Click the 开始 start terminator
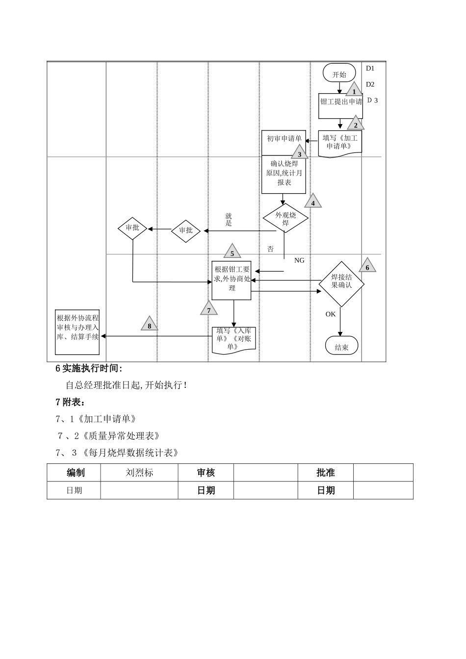[x=339, y=74]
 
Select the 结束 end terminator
[x=341, y=347]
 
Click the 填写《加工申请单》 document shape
[x=340, y=143]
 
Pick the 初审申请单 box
[x=284, y=138]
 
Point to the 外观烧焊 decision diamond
[x=285, y=219]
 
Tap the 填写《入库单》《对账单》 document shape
[x=234, y=339]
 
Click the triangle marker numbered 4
[x=312, y=202]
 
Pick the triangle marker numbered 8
[x=150, y=325]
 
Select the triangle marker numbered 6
[x=367, y=266]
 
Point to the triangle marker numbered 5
[x=232, y=252]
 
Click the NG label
[x=299, y=260]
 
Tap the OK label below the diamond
[x=331, y=314]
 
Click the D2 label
[x=370, y=84]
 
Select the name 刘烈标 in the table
[x=139, y=473]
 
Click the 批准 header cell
[x=325, y=473]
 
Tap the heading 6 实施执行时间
[x=89, y=368]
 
